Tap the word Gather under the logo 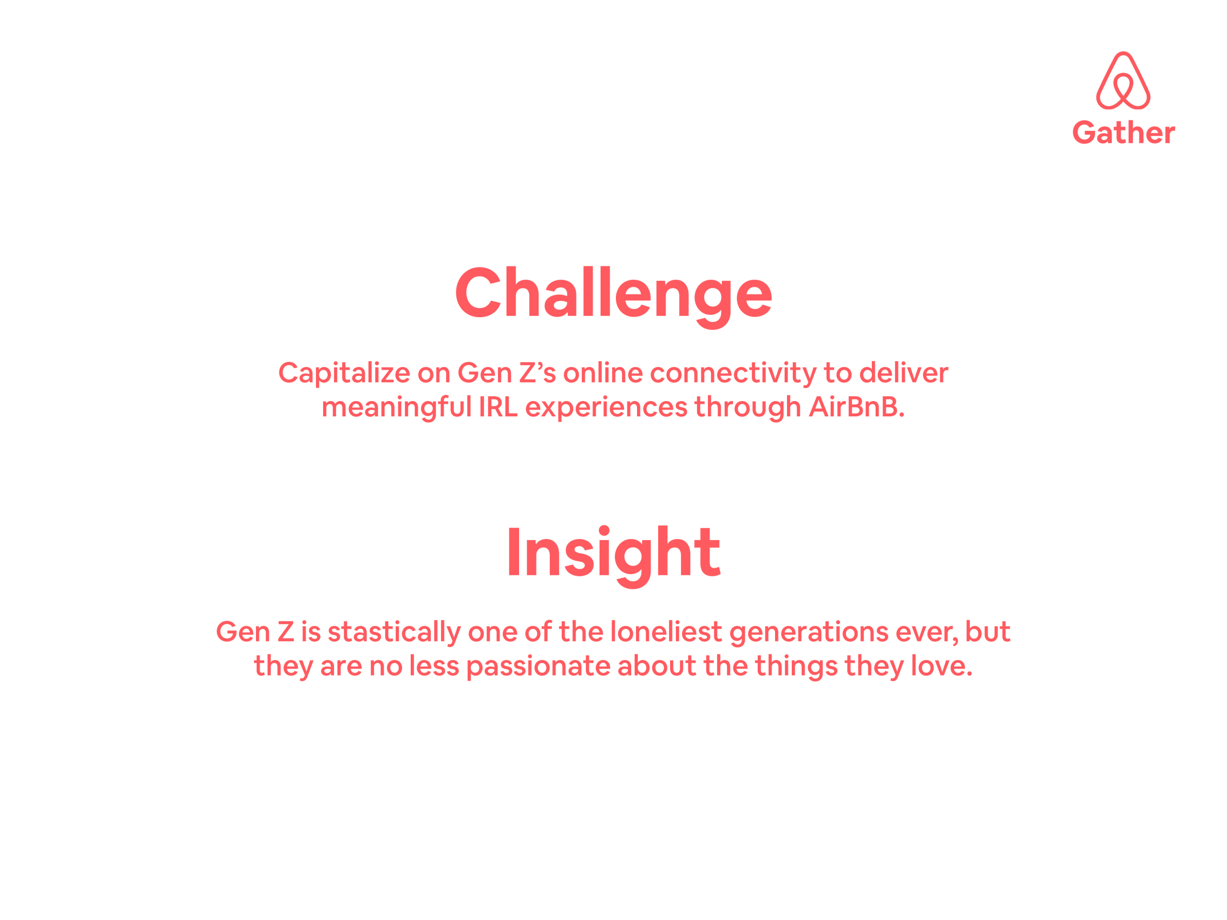[x=1123, y=133]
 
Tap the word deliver [x=903, y=373]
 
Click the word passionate [x=538, y=667]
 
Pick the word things [x=796, y=667]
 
